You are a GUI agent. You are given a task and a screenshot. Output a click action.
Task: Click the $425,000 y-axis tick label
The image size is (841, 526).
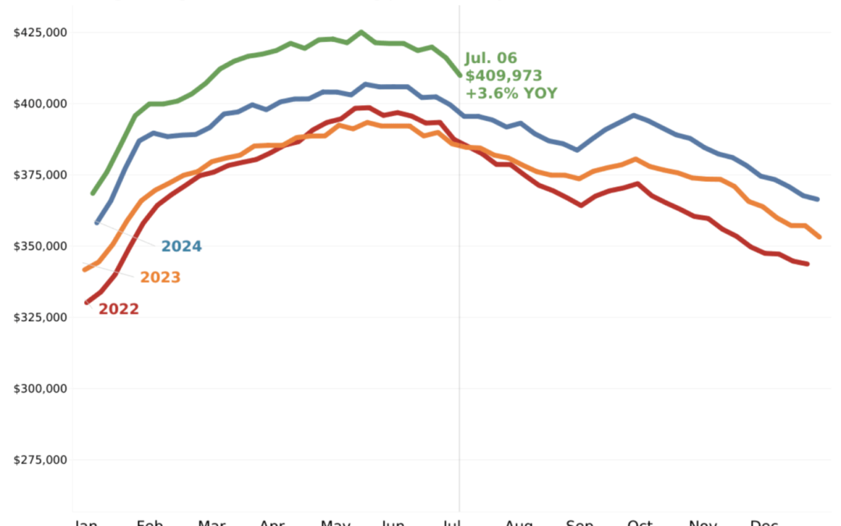40,32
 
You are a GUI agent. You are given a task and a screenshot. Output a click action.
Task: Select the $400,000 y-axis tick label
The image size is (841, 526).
40,104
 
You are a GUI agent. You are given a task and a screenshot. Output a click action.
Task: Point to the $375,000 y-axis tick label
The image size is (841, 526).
40,175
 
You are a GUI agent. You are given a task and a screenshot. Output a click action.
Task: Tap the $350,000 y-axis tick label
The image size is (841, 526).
40,246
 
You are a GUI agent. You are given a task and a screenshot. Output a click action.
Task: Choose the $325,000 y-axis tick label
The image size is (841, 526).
40,317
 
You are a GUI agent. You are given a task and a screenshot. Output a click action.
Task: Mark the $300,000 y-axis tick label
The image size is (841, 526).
40,389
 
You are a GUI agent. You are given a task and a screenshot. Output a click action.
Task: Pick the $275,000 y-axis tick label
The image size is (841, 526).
40,460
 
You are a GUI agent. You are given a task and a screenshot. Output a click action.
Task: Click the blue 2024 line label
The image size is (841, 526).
181,247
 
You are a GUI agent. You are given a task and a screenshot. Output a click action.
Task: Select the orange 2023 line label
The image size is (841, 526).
160,277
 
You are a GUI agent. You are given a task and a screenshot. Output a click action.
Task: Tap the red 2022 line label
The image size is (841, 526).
118,309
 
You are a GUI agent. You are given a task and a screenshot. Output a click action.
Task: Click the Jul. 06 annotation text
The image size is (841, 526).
491,58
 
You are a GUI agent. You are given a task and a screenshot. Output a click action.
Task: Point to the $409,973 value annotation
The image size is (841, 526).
503,76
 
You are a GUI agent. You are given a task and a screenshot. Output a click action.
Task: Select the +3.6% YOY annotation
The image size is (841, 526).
511,94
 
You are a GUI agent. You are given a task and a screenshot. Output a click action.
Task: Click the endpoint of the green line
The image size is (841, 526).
459,76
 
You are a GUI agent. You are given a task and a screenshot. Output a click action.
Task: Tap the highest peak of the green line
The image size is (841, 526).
361,32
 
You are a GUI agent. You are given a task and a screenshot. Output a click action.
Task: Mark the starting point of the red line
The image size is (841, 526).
86,302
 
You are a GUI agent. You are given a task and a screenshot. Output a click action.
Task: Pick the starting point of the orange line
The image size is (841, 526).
84,270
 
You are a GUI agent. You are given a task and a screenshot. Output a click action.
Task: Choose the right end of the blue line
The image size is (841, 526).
818,199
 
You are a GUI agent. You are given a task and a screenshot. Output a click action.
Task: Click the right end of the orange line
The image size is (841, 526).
819,237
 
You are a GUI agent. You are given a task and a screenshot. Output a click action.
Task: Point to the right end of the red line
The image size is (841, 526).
808,264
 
